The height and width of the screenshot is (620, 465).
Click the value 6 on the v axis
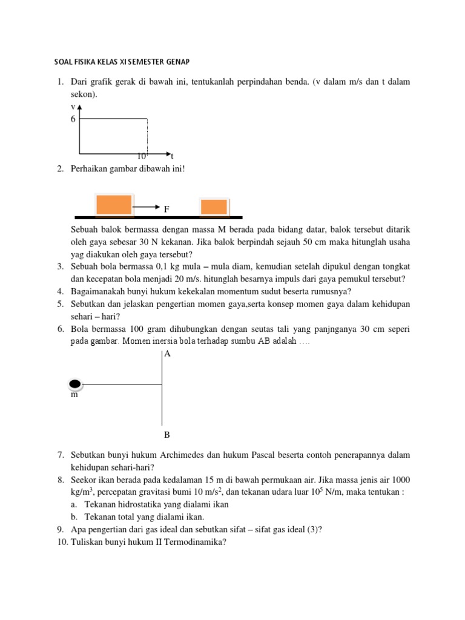point(73,119)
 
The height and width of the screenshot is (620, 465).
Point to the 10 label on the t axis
point(142,156)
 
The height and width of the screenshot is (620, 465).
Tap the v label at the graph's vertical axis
point(73,107)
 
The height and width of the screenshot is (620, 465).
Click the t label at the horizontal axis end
point(172,156)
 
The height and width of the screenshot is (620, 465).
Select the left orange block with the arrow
point(113,205)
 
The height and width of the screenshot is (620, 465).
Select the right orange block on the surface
point(214,206)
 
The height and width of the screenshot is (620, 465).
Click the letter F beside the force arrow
point(167,209)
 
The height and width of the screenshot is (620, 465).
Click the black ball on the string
point(75,383)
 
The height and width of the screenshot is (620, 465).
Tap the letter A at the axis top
point(168,354)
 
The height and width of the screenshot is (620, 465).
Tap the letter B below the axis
point(167,435)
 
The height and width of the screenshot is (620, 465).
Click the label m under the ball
point(74,395)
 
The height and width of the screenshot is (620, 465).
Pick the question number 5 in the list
point(61,303)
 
